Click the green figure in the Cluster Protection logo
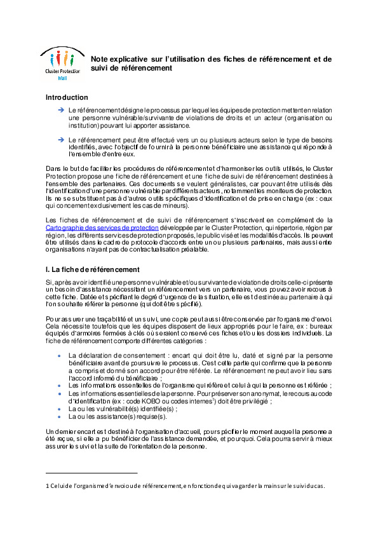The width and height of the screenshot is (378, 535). coord(72,60)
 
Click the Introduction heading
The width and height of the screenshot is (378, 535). coord(67,97)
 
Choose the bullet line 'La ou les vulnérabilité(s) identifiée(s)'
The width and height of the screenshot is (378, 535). coord(113,409)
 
